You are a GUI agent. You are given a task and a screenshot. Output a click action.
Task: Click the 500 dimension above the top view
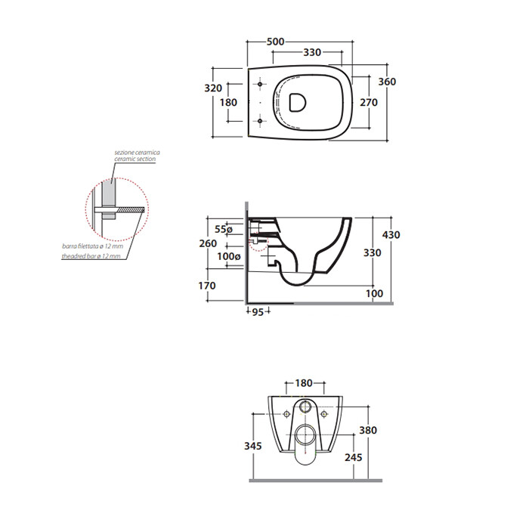(x=275, y=42)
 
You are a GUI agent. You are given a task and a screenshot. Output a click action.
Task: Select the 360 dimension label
(x=387, y=82)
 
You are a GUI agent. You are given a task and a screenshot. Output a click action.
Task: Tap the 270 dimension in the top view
(x=369, y=102)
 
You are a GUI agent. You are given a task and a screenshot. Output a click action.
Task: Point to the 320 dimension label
(x=213, y=88)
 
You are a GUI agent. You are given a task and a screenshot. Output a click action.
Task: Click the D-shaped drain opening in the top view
(x=298, y=102)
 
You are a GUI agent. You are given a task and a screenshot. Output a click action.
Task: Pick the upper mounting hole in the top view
(x=260, y=84)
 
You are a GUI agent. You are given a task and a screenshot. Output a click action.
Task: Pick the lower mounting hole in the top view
(x=260, y=121)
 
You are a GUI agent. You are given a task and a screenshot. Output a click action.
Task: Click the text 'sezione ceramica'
(x=137, y=153)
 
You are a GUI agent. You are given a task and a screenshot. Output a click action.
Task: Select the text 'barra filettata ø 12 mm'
(x=93, y=246)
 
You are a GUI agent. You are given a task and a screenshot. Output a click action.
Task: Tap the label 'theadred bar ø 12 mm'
(x=91, y=256)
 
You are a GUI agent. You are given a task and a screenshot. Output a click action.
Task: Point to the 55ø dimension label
(x=224, y=229)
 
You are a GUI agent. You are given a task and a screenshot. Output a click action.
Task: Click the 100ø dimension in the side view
(x=229, y=256)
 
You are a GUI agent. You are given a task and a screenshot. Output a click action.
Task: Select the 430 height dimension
(x=391, y=235)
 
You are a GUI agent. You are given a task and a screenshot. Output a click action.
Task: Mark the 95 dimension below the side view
(x=258, y=312)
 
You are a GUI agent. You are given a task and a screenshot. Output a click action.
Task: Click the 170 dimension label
(x=207, y=286)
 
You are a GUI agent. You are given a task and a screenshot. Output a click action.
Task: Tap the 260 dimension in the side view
(x=208, y=243)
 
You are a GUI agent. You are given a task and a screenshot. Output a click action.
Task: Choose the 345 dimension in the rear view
(x=253, y=446)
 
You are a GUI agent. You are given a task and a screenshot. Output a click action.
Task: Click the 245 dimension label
(x=353, y=457)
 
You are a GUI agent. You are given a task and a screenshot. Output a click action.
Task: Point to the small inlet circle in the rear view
(x=305, y=407)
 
